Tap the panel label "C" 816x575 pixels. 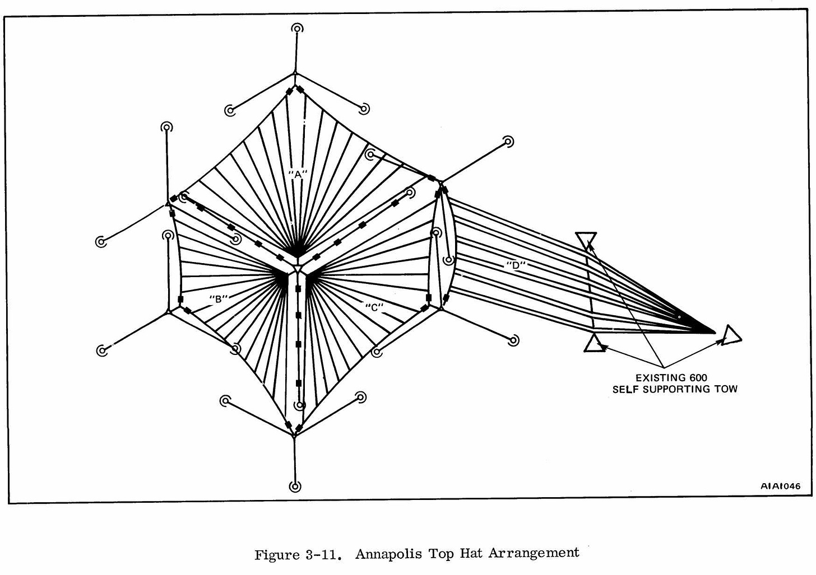point(373,306)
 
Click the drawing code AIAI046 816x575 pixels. point(780,486)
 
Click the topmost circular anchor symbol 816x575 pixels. point(296,29)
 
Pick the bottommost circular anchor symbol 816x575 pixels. point(295,486)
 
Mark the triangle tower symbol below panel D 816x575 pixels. point(594,343)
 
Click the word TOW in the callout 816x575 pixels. point(726,389)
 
